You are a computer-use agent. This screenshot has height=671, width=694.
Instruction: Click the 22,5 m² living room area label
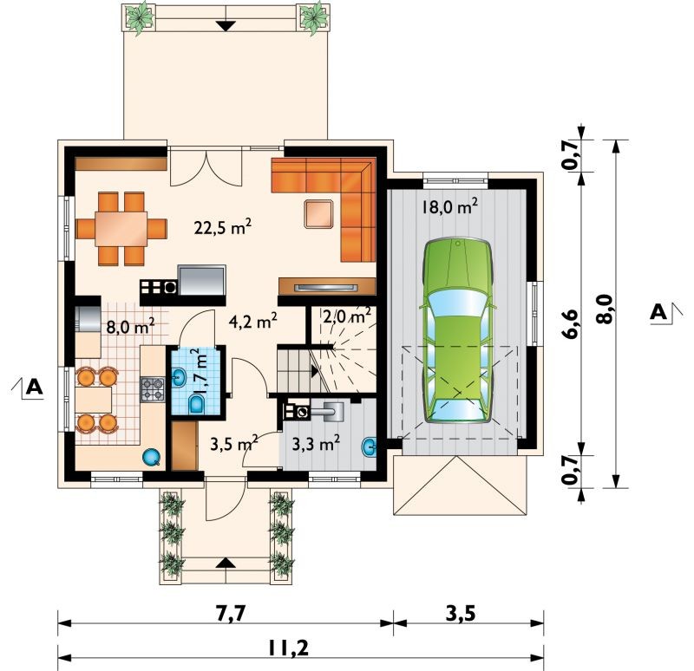(x=223, y=227)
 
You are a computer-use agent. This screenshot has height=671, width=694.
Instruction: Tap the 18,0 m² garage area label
(x=449, y=206)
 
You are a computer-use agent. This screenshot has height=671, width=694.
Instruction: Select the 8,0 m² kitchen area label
(x=131, y=328)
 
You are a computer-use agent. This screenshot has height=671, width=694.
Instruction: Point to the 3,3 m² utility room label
(x=316, y=443)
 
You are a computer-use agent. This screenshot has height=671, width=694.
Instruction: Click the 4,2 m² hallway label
(x=253, y=321)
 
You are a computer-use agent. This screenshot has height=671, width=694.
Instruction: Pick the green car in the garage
(x=458, y=331)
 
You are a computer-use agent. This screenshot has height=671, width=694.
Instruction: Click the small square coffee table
(x=318, y=214)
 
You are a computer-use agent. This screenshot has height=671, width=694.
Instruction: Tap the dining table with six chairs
(x=121, y=229)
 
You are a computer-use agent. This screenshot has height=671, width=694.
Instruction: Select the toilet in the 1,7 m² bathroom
(x=196, y=404)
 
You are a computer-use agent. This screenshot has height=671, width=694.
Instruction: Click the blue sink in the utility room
(x=370, y=446)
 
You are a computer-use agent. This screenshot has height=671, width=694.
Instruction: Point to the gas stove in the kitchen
(x=153, y=389)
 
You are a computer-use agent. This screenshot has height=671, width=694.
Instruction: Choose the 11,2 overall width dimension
(x=288, y=648)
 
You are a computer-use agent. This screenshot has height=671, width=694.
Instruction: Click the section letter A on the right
(x=658, y=313)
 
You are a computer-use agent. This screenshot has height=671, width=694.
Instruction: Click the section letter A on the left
(x=34, y=387)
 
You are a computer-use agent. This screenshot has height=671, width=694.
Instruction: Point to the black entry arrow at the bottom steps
(x=226, y=563)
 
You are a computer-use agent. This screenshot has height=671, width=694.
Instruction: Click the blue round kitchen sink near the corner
(x=151, y=458)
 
